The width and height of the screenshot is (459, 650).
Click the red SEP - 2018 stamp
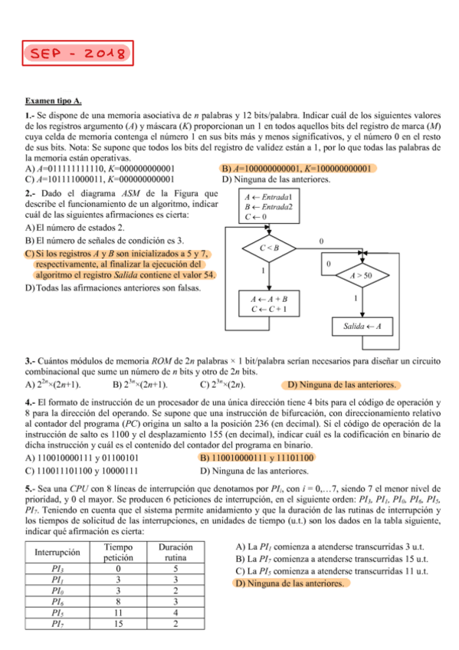tap(77, 53)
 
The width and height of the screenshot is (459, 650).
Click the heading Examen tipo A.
tap(54, 100)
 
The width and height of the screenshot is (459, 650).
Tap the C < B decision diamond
tap(268, 248)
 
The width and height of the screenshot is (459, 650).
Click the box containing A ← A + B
tap(268, 304)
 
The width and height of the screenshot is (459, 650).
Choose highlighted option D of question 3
tap(341, 384)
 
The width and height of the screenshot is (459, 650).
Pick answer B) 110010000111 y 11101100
tap(257, 458)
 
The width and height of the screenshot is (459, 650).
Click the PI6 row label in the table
tap(58, 602)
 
